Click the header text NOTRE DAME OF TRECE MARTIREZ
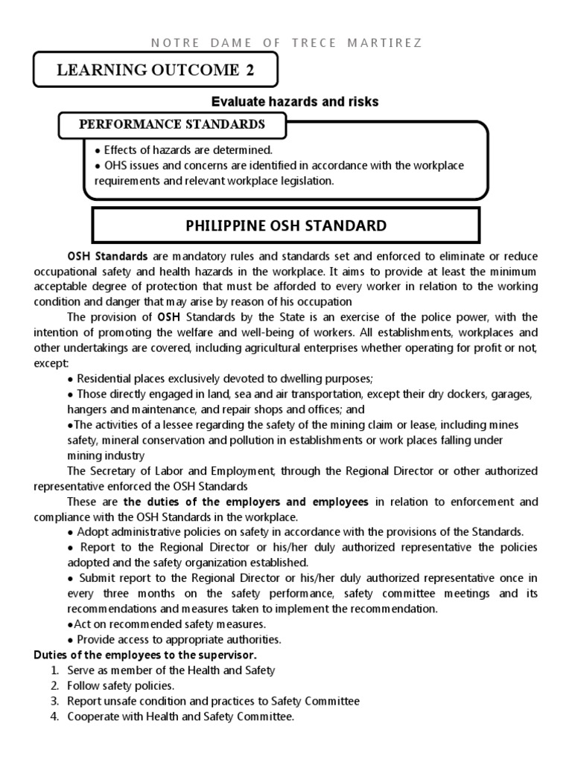coord(287,42)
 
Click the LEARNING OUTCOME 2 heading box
coord(156,71)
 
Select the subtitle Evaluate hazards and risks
coord(295,102)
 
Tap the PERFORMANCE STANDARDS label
coord(172,124)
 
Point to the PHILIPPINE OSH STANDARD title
coord(286,225)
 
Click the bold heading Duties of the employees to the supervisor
coord(145,655)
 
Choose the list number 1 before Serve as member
coord(54,670)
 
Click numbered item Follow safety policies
coord(121,685)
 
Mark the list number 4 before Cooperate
coord(54,717)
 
